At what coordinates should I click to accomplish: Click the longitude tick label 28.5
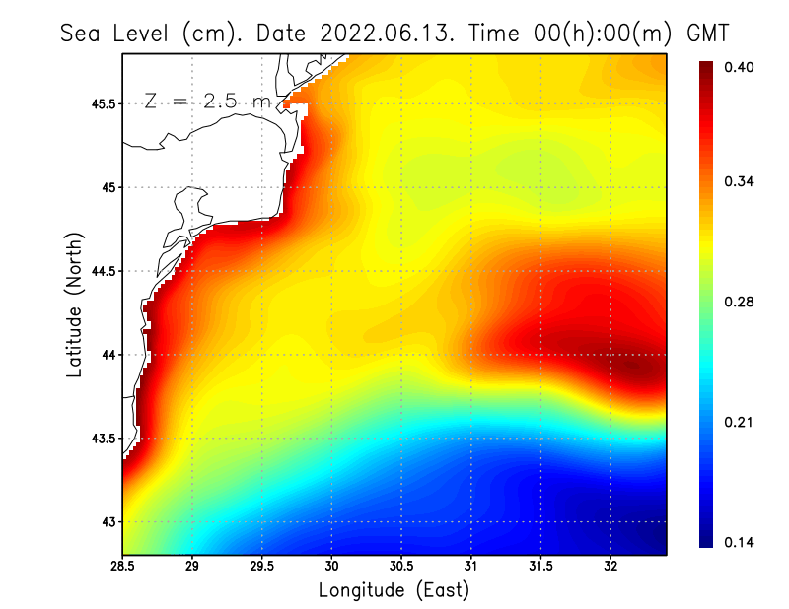click(x=122, y=566)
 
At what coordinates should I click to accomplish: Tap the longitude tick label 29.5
click(x=261, y=566)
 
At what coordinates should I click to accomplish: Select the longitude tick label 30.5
click(x=401, y=566)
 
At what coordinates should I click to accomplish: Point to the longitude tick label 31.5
click(x=540, y=566)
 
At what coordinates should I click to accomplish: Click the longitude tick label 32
click(x=610, y=566)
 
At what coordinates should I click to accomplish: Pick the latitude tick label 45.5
click(x=102, y=103)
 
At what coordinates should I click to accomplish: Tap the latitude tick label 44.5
click(x=102, y=271)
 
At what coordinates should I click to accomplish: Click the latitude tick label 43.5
click(x=102, y=439)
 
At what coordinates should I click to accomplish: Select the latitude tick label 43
click(x=108, y=522)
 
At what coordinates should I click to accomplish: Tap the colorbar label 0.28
click(x=739, y=303)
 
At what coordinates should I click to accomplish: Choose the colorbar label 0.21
click(x=739, y=423)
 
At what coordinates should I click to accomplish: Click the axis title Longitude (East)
click(x=394, y=590)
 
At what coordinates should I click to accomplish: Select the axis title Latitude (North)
click(x=75, y=304)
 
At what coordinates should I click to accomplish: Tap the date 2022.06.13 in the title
click(x=388, y=33)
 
